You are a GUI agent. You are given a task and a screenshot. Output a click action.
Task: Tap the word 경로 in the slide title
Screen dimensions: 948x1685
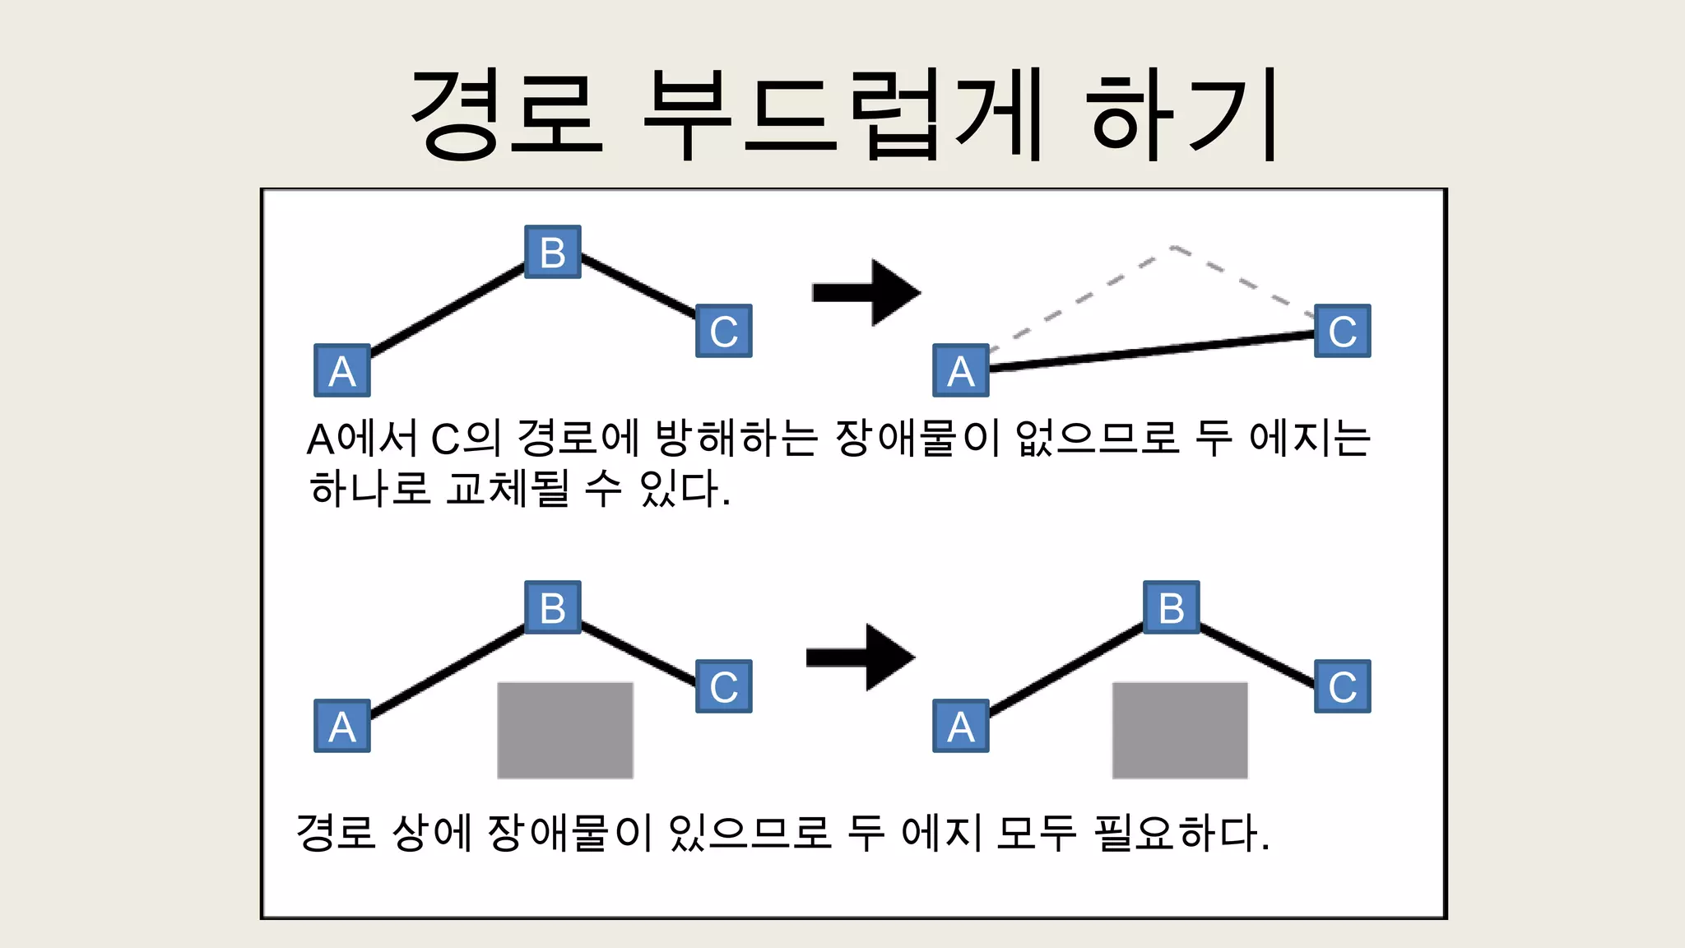[x=506, y=114]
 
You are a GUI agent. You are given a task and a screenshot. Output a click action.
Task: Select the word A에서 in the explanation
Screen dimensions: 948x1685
[x=362, y=438]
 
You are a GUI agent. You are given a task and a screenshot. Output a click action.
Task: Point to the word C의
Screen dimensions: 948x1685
[x=465, y=438]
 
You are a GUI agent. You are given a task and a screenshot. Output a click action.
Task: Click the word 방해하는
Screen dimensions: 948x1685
[x=736, y=438]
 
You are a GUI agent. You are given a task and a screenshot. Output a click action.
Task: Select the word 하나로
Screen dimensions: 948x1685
[x=369, y=489]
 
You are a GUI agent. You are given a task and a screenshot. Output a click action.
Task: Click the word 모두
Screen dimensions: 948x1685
[x=1035, y=833]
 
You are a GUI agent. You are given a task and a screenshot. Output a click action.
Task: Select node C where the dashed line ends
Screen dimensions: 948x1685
[x=1342, y=331]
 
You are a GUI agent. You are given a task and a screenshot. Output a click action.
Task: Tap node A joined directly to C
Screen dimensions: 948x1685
[x=960, y=370]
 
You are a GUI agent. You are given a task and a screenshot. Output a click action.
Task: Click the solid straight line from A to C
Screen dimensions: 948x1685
[x=1152, y=351]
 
